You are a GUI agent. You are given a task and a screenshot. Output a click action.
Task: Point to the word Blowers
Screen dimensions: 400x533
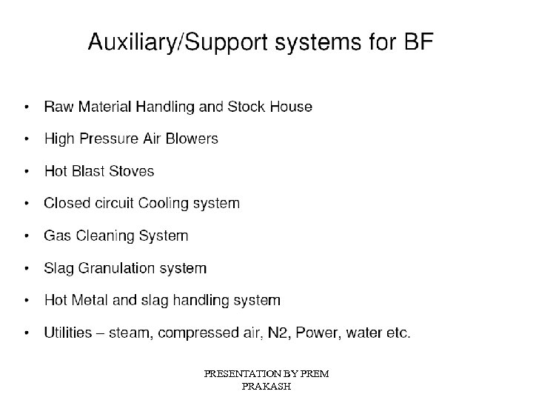[x=193, y=139]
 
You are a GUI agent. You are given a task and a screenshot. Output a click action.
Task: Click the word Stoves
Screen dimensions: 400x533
[x=131, y=171]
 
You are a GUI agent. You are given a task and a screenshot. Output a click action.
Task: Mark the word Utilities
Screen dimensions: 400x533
[x=67, y=333]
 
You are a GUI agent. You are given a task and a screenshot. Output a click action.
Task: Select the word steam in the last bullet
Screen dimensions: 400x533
[x=127, y=333]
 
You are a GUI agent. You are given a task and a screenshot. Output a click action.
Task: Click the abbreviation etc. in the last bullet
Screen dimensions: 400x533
[x=398, y=333]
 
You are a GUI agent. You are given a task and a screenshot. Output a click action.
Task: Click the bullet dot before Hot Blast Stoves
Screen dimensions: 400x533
[x=27, y=172]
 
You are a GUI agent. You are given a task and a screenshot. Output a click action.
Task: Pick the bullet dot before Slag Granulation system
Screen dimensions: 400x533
[x=27, y=269]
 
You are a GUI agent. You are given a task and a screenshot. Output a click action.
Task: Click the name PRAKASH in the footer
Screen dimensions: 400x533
[x=266, y=387]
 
